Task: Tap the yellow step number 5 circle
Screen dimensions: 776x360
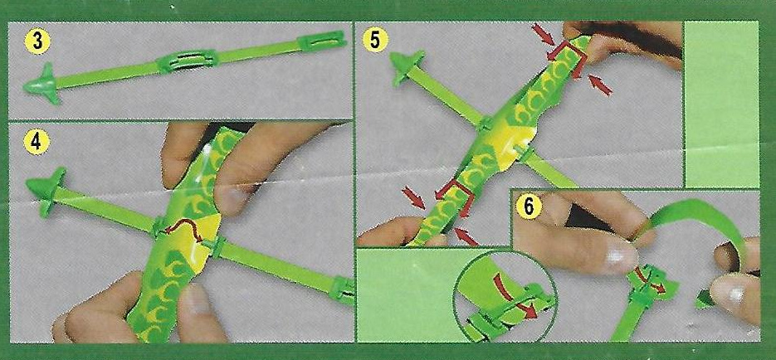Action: (x=374, y=41)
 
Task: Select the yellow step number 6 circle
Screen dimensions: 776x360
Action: (x=529, y=207)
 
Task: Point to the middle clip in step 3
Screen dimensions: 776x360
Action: (x=187, y=61)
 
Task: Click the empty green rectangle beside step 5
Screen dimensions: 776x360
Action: (x=721, y=105)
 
